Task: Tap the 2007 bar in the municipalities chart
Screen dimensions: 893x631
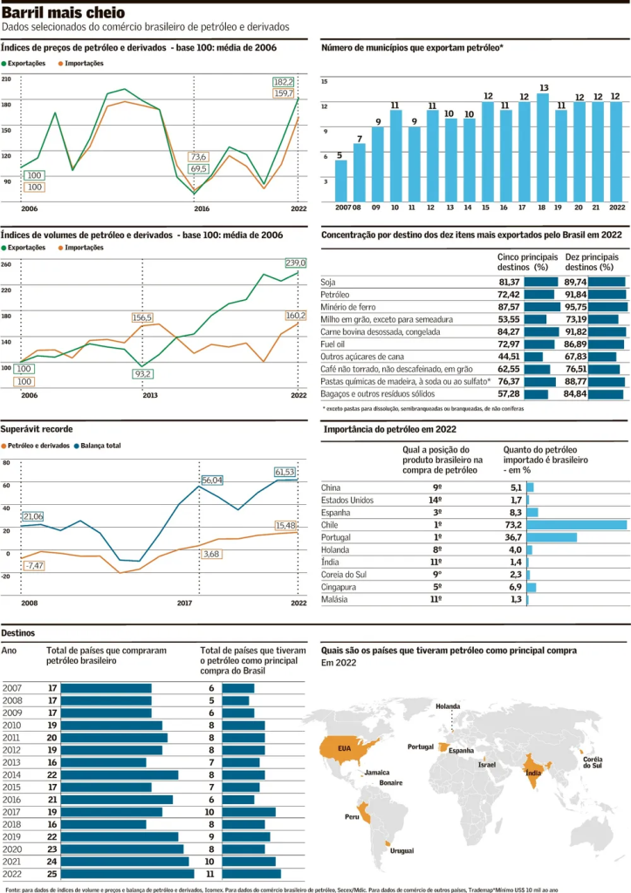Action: [x=341, y=181]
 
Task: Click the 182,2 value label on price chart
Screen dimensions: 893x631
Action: [x=284, y=81]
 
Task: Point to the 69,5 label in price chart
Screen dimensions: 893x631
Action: [x=198, y=168]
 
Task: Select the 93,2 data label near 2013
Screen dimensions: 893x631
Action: [x=143, y=373]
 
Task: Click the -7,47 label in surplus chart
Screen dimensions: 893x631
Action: [x=34, y=566]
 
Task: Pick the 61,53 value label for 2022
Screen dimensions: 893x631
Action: [x=285, y=472]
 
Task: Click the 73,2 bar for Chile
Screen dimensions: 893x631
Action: [x=577, y=525]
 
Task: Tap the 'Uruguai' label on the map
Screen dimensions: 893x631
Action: [x=401, y=850]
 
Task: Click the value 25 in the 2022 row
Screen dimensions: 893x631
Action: [x=52, y=873]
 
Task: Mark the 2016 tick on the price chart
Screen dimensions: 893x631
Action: [x=202, y=209]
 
